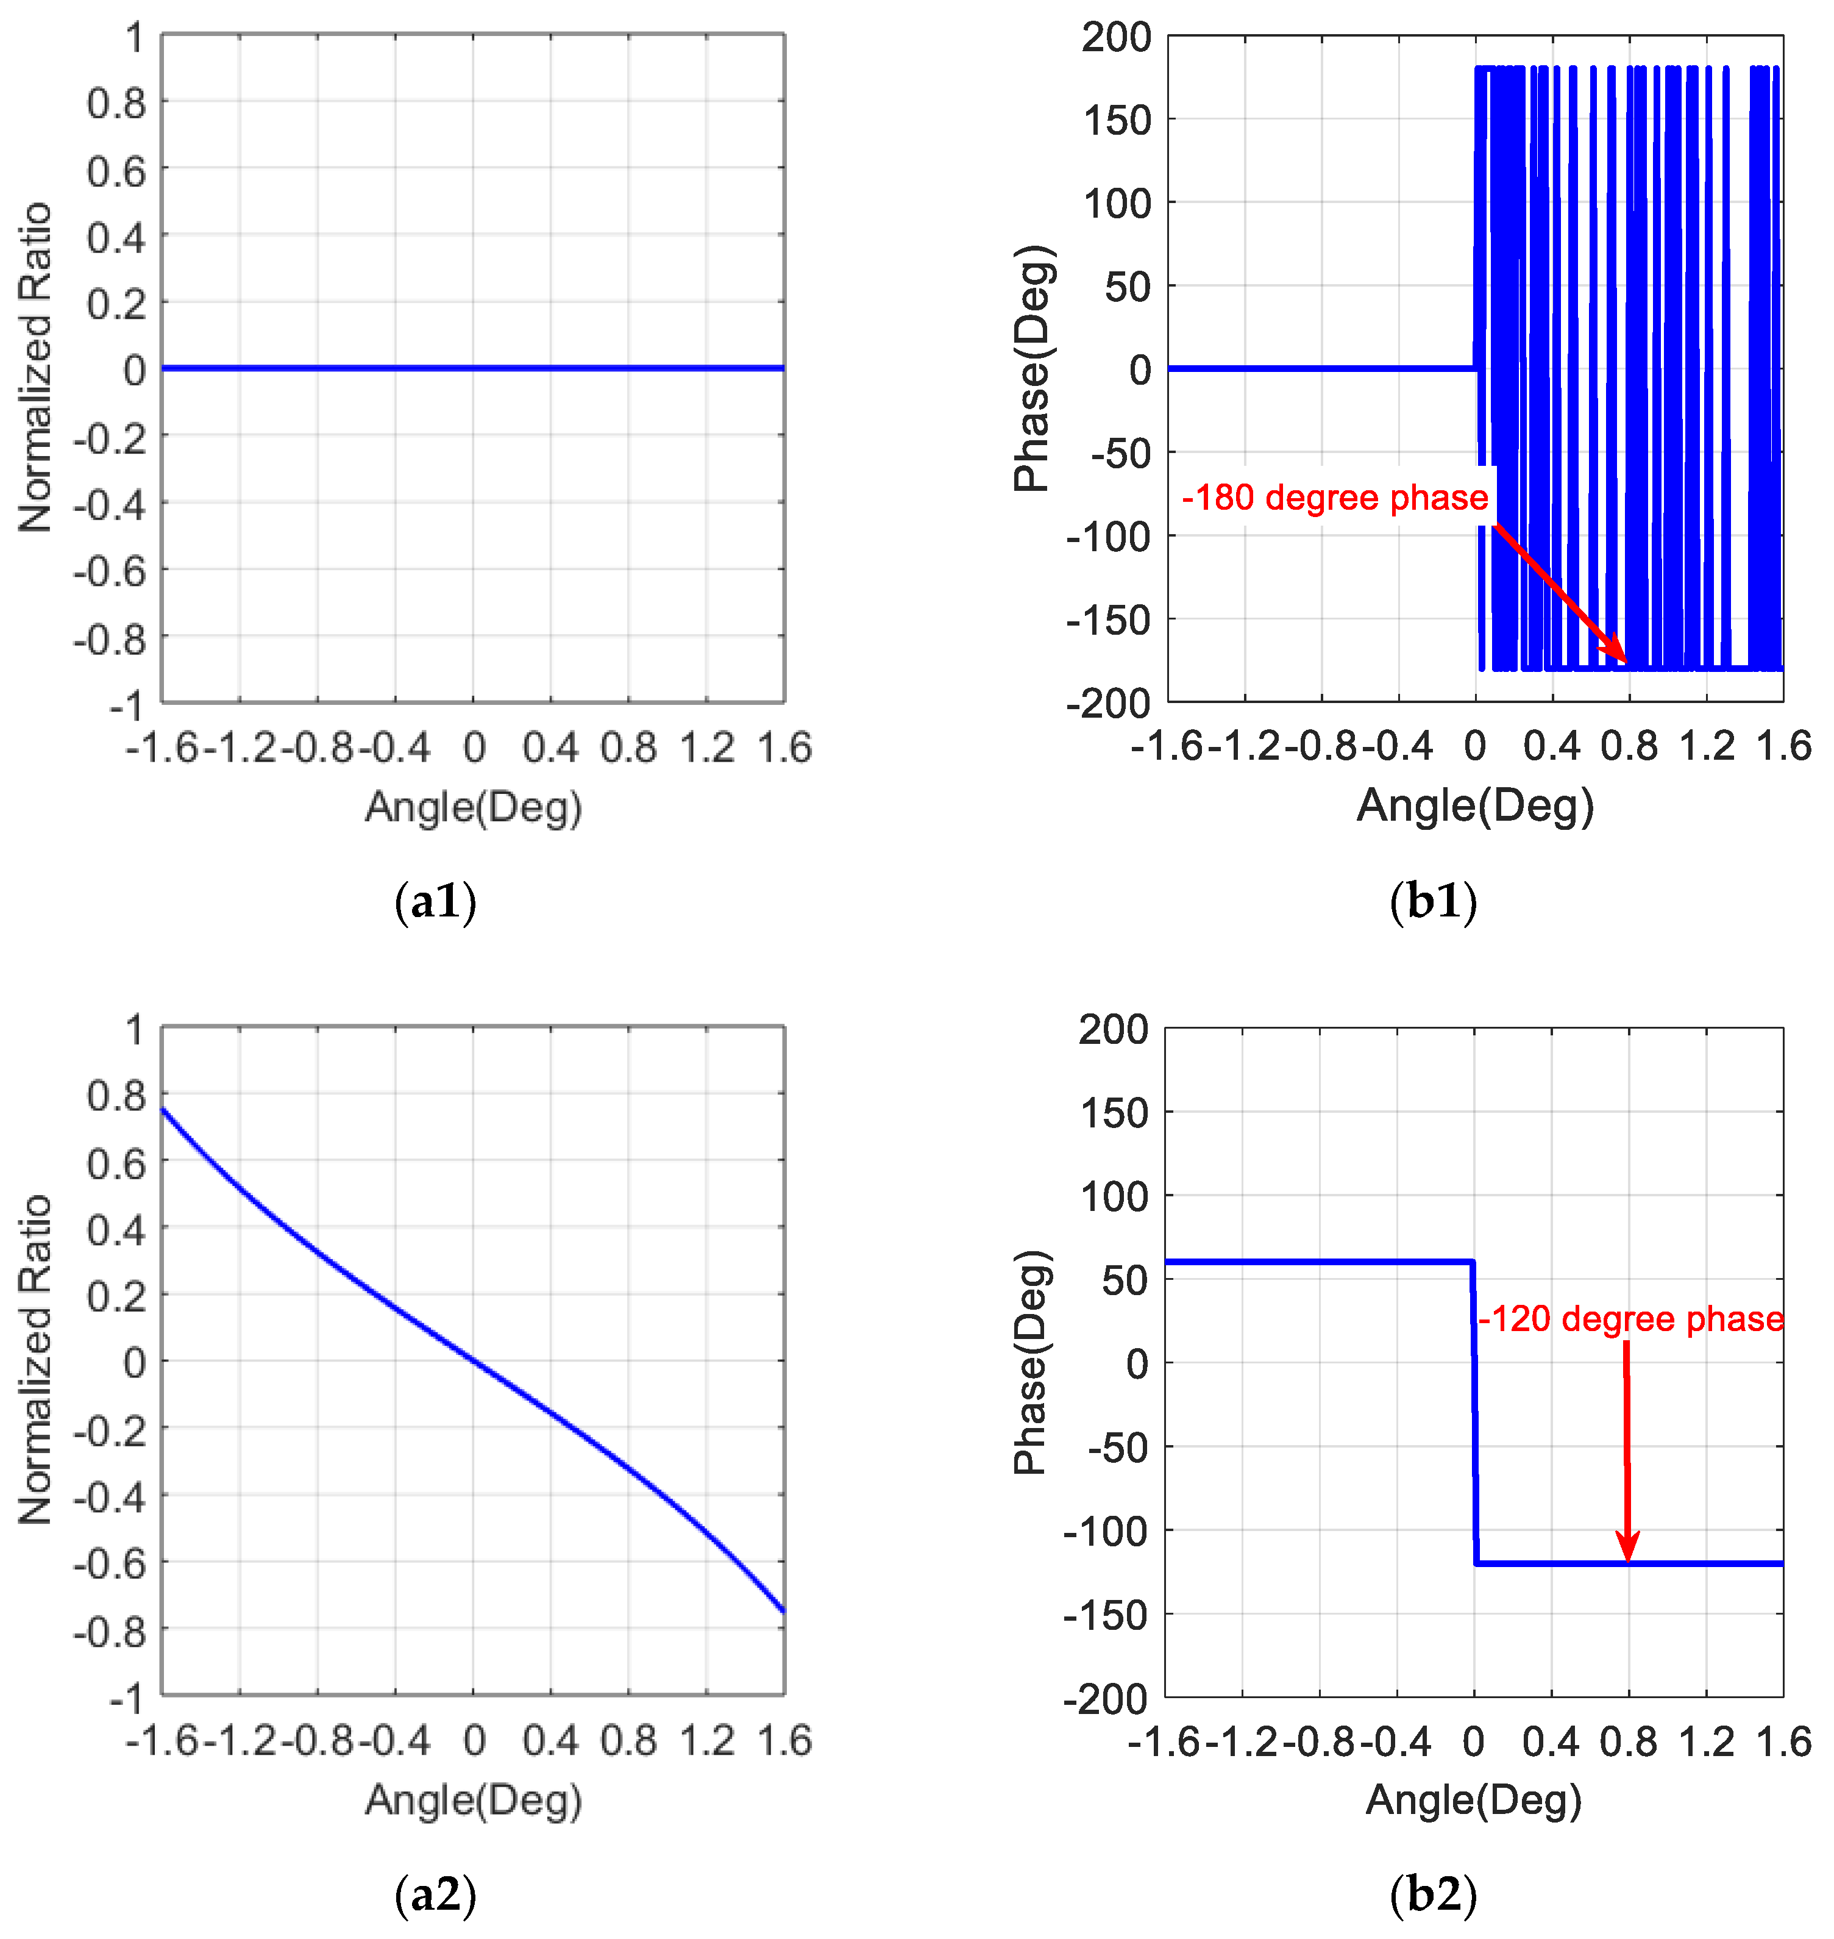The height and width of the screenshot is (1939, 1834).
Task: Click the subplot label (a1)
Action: click(435, 902)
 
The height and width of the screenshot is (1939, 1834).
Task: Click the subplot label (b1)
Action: click(1432, 902)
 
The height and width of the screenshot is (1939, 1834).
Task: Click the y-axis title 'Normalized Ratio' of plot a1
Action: click(36, 368)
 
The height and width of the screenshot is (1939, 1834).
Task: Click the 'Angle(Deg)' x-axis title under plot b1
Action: click(1475, 805)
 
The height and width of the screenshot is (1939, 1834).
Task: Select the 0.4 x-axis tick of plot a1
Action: click(550, 748)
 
